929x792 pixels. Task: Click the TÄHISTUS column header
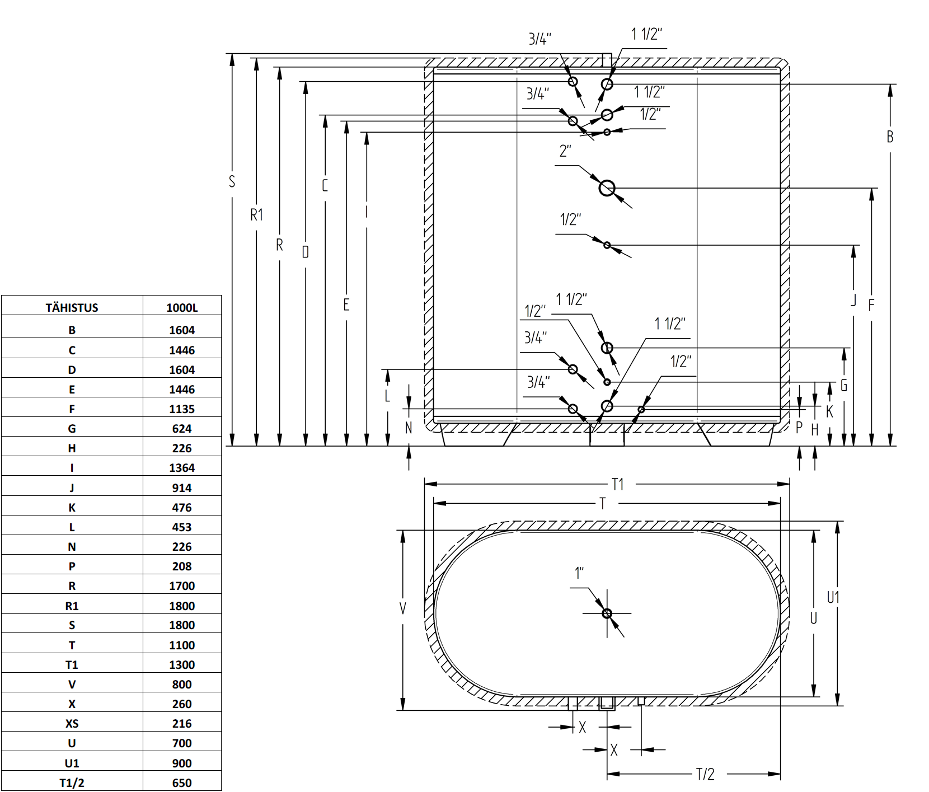click(72, 307)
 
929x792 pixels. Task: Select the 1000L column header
click(182, 307)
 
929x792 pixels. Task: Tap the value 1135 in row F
click(182, 409)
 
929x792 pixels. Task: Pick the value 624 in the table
click(182, 429)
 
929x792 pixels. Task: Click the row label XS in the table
click(72, 724)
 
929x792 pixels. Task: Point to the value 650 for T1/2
click(182, 783)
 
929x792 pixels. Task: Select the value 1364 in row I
click(182, 468)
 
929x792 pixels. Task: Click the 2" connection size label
click(565, 151)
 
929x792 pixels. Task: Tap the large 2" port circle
click(607, 188)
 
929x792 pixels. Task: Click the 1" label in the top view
click(579, 573)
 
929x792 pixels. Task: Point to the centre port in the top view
click(607, 613)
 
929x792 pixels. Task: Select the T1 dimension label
click(618, 484)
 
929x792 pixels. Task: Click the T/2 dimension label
click(705, 774)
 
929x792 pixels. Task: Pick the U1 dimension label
click(833, 598)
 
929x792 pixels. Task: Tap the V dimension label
click(403, 608)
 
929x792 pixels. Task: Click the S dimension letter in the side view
click(232, 181)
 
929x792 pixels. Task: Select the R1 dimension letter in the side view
click(256, 215)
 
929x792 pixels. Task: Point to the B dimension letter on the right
click(890, 137)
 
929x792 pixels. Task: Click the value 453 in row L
click(182, 527)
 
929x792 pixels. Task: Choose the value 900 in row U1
click(182, 763)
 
